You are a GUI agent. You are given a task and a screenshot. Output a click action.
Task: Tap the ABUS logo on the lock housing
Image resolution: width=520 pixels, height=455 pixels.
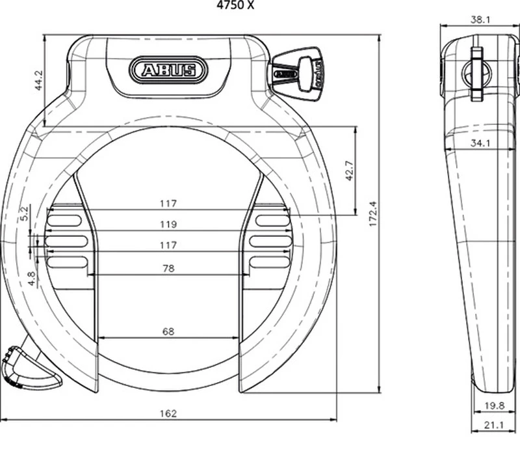click(x=168, y=69)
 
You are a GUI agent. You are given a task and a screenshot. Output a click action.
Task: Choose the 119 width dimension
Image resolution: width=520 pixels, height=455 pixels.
click(x=168, y=225)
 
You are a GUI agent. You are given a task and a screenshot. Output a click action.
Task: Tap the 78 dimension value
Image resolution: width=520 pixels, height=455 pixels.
click(x=168, y=268)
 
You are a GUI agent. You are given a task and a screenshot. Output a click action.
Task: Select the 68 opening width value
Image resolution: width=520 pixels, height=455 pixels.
click(x=168, y=331)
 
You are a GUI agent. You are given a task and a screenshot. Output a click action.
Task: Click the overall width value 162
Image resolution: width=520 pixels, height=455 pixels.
click(x=168, y=413)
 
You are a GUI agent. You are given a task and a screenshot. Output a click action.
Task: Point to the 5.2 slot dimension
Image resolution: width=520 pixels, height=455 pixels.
click(x=25, y=214)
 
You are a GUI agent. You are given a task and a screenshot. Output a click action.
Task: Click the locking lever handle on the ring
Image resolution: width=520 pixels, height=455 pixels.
click(x=29, y=367)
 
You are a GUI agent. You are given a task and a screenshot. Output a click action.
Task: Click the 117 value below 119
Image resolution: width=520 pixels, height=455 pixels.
click(x=168, y=245)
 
